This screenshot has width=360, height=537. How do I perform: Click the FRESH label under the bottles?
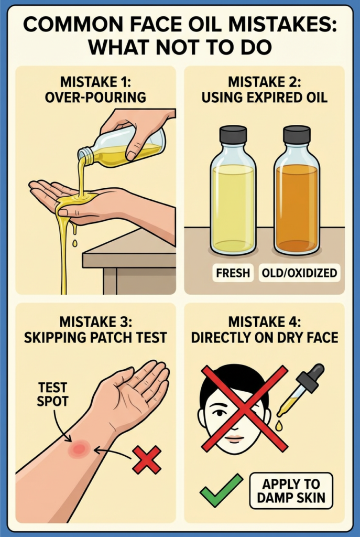click(233, 273)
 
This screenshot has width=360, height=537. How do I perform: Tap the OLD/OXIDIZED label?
click(299, 273)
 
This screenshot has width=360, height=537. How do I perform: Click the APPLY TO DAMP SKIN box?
click(291, 491)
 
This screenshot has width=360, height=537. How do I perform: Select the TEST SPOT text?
click(52, 394)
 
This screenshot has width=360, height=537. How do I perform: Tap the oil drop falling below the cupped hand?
click(74, 243)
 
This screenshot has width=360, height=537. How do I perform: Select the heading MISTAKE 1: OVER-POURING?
click(95, 90)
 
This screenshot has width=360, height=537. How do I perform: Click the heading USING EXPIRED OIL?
click(265, 98)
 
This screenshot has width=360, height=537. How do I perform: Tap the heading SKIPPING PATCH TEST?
click(95, 338)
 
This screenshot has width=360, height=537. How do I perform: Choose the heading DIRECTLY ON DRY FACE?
click(265, 338)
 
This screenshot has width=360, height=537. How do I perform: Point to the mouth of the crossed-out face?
click(235, 438)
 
